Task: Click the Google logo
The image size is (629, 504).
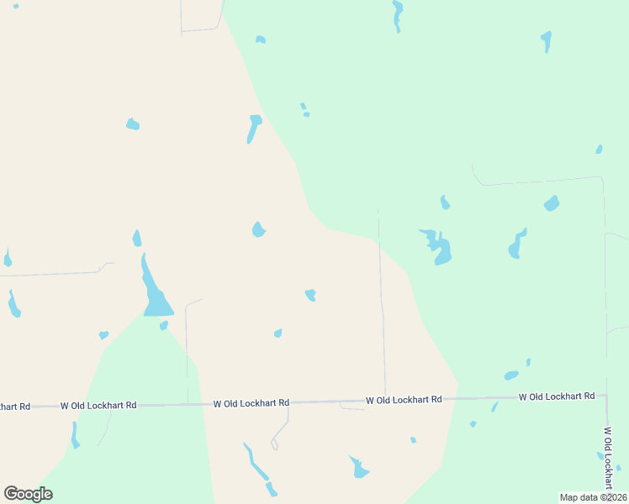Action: click(28, 494)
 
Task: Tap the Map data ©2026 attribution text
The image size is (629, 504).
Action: click(593, 497)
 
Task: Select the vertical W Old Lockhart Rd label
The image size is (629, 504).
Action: click(607, 457)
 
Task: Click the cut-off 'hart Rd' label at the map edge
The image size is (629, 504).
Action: click(14, 407)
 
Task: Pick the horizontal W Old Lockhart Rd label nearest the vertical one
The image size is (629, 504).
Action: click(557, 396)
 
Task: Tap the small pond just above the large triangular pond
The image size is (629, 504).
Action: click(136, 239)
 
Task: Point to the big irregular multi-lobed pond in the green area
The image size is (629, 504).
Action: click(439, 247)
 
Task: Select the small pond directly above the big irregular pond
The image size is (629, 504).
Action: click(445, 202)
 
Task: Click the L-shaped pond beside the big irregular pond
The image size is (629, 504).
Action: click(516, 245)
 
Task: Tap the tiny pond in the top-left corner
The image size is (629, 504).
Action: click(15, 6)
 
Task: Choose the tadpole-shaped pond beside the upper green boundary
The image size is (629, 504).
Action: click(253, 128)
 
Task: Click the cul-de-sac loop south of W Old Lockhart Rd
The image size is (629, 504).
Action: click(274, 445)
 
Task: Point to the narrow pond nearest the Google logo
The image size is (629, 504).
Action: click(75, 435)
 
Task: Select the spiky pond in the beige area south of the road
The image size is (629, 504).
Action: click(359, 468)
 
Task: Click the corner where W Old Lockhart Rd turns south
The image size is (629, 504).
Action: click(605, 398)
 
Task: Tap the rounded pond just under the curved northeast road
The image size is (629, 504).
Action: click(552, 203)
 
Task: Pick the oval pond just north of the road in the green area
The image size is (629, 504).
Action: click(510, 375)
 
